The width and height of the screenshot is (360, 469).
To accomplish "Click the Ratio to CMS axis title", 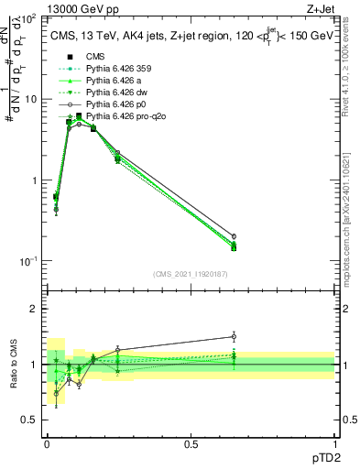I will pyautogui.click(x=13, y=366).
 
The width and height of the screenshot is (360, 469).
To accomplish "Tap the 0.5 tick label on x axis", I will pyautogui.click(x=191, y=445).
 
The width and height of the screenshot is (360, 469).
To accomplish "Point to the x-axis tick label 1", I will pyautogui.click(x=335, y=445).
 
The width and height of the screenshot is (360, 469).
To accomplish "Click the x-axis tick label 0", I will pyautogui.click(x=46, y=445).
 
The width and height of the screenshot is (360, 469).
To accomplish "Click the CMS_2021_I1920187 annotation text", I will pyautogui.click(x=190, y=274).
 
